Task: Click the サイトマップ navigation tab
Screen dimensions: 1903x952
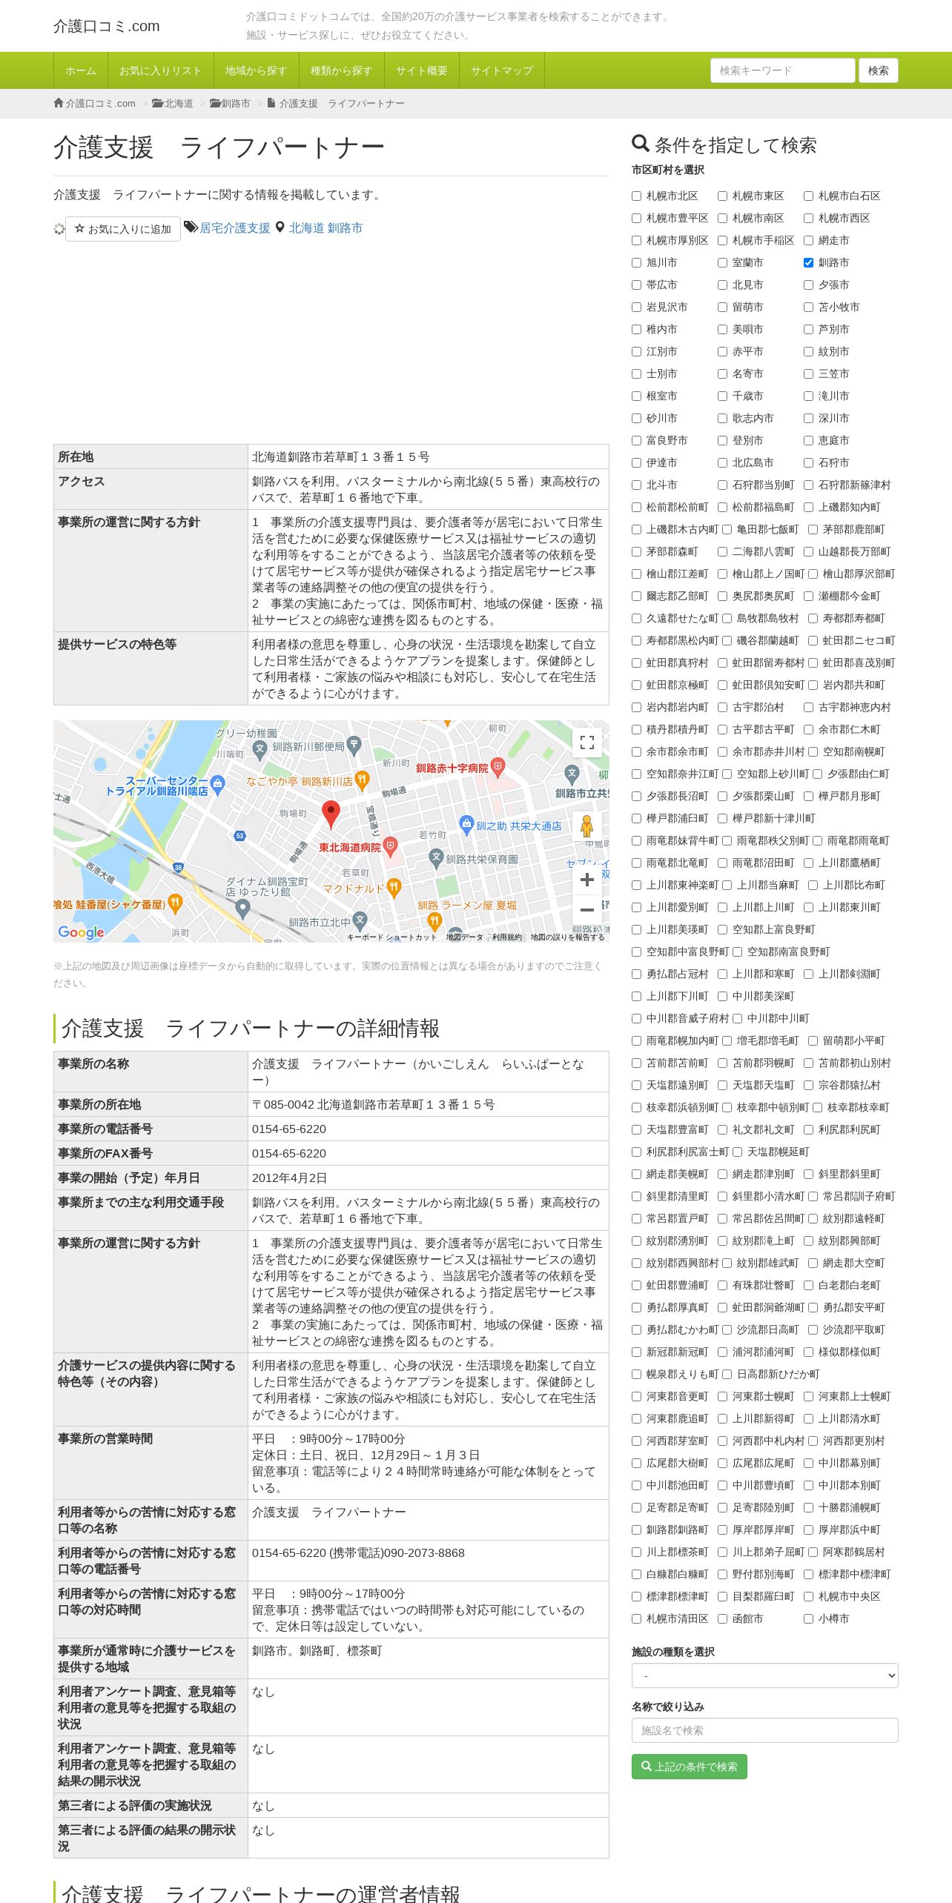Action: coord(501,70)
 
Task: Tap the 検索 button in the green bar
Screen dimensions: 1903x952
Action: coord(878,70)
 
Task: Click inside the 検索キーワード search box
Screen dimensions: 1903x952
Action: coord(781,70)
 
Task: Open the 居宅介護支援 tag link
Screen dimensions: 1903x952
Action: coord(234,228)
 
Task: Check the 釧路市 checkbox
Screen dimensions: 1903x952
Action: coord(808,262)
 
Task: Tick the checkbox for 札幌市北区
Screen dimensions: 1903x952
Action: coord(636,196)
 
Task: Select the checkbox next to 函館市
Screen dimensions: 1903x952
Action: coord(722,1618)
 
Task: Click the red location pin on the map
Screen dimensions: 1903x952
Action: coord(331,813)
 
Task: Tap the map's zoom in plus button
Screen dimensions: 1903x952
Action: coord(586,880)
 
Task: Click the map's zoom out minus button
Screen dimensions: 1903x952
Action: coord(586,909)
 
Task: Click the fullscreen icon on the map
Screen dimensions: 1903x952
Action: coord(586,743)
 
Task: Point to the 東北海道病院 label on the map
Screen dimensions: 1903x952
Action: coord(349,847)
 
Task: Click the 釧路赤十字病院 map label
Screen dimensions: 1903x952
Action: coord(452,768)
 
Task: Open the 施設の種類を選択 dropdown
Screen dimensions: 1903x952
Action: coord(764,1675)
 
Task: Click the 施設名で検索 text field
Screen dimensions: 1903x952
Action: coord(764,1730)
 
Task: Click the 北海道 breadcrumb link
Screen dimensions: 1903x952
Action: coord(178,104)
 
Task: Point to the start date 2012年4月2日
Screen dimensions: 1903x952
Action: coord(289,1178)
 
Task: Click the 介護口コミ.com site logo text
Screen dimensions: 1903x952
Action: coord(107,26)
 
